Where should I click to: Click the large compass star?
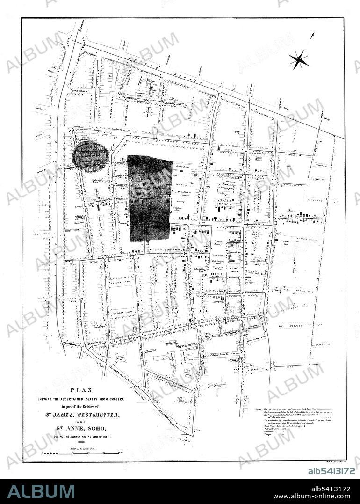tap(298, 59)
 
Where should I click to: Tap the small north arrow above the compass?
tap(312, 35)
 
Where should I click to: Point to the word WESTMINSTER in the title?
tap(108, 415)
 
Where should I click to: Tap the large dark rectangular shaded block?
tap(151, 198)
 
